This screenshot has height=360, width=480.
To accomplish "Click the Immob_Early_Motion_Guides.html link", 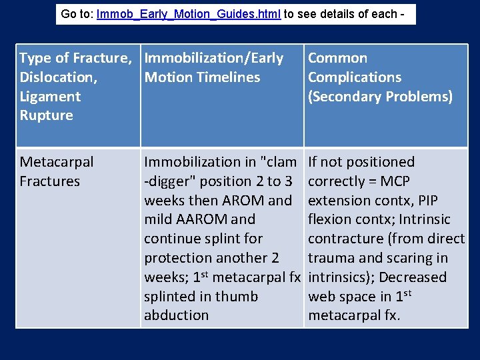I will pos(188,13).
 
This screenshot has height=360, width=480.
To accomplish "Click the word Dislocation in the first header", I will pos(58,77).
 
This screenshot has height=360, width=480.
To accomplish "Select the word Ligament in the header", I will pos(50,97).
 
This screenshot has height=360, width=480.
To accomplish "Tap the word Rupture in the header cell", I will pos(46,115).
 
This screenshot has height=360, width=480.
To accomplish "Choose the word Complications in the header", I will pos(355,77).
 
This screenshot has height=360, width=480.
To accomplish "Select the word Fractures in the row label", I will pos(50,181).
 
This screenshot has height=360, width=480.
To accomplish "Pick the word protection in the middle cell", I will pos(178,258).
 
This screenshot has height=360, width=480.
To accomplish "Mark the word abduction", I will pos(177,315).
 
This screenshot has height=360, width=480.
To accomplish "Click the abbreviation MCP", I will pos(395,181).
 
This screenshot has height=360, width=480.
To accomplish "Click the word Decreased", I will pos(414,277).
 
